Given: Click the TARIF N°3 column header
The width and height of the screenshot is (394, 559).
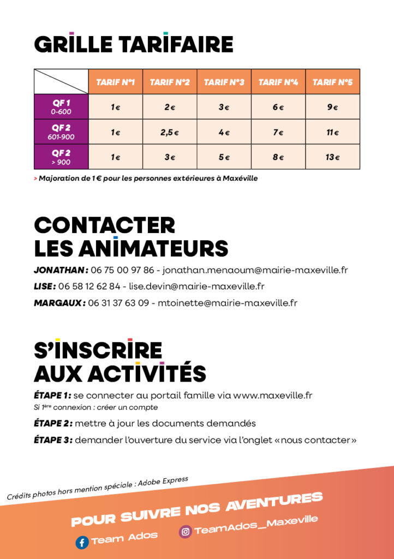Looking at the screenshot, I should (224, 82).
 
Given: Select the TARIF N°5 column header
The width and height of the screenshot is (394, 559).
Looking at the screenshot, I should (332, 82).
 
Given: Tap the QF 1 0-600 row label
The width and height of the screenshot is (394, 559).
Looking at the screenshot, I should (61, 107).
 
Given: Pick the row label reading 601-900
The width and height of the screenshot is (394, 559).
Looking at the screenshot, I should (61, 136).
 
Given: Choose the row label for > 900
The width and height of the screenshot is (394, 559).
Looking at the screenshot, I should (61, 162).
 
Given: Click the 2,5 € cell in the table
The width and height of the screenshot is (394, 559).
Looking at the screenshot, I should (170, 132).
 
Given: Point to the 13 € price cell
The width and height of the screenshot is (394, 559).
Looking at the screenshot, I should (332, 157).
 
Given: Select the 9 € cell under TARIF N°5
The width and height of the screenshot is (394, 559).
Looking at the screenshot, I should (332, 107).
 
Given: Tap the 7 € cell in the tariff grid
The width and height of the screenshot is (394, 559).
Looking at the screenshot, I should (278, 132).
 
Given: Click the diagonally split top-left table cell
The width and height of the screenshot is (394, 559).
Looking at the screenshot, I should (61, 82).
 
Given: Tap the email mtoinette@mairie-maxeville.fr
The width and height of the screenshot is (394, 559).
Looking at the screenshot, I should (228, 302).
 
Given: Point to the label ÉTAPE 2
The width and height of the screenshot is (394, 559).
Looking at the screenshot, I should (52, 423).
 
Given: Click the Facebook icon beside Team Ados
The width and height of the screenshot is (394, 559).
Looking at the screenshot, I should (82, 543).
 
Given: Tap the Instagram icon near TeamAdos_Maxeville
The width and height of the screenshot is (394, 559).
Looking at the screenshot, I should (186, 531).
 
